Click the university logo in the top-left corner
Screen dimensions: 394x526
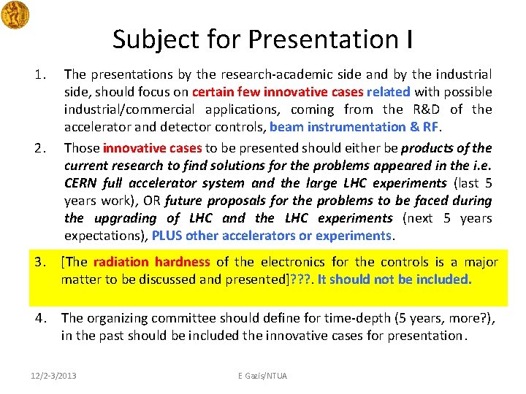click(x=15, y=15)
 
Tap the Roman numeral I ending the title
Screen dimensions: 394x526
click(x=408, y=39)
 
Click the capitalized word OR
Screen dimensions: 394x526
click(x=151, y=201)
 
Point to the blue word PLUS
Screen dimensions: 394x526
click(x=167, y=236)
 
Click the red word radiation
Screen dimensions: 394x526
click(x=120, y=261)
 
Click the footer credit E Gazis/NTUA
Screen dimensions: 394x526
click(x=263, y=375)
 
